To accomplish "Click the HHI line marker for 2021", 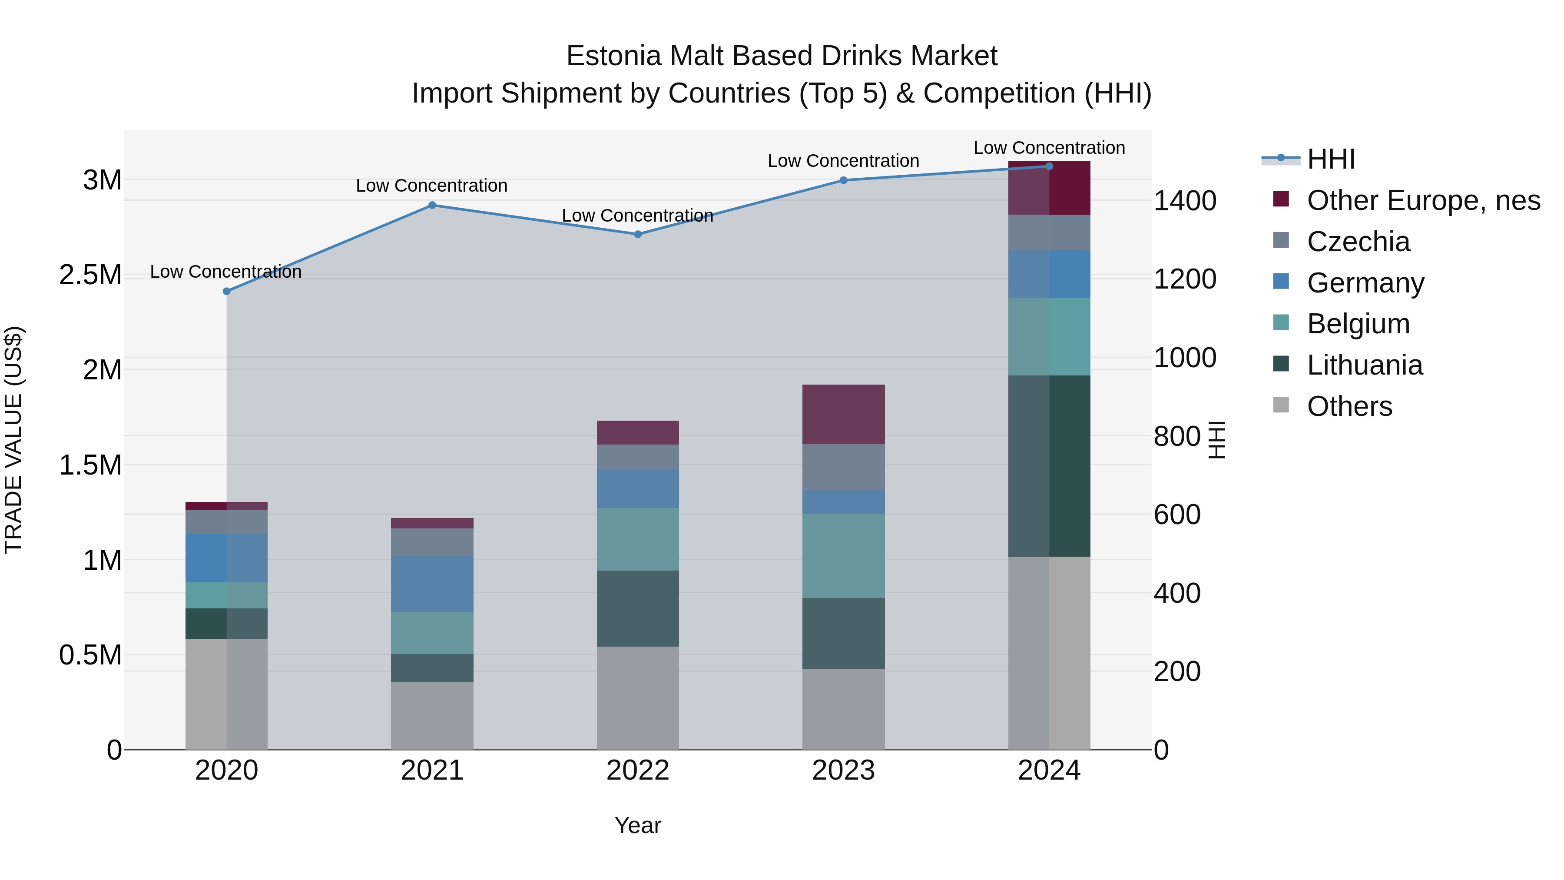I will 432,205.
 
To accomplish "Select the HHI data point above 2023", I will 843,180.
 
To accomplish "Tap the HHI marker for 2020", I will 226,292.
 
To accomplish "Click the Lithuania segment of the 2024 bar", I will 1049,466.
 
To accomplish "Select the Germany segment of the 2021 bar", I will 432,584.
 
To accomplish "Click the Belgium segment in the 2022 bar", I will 637,539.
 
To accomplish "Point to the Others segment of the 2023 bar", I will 843,709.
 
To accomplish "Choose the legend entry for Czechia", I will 1358,242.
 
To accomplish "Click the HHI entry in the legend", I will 1330,159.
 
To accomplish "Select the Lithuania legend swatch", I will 1281,365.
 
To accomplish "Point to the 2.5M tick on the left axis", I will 90,275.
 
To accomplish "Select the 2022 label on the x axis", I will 637,770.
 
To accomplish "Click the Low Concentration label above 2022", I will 637,216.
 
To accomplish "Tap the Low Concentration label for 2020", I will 226,272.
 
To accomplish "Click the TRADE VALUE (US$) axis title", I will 13,440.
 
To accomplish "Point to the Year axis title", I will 637,825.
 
